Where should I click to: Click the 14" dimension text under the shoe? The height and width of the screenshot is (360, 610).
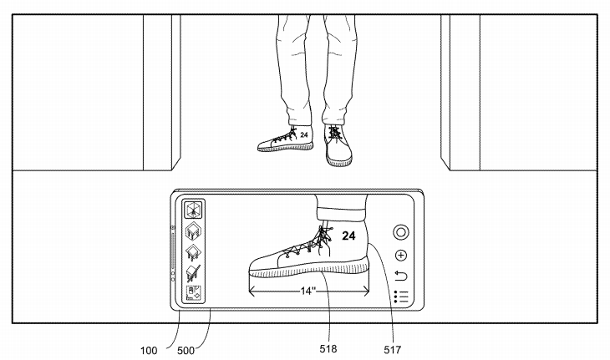(x=308, y=292)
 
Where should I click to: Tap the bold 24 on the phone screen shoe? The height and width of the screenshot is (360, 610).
(x=348, y=236)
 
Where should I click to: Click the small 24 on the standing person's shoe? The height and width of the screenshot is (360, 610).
(x=303, y=134)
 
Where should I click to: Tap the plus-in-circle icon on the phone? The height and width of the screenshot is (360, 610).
(x=402, y=256)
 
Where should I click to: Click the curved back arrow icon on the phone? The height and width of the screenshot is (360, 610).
(x=401, y=276)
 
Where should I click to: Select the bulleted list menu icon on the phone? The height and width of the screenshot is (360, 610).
(x=401, y=297)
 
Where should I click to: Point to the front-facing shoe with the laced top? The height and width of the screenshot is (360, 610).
(x=338, y=145)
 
